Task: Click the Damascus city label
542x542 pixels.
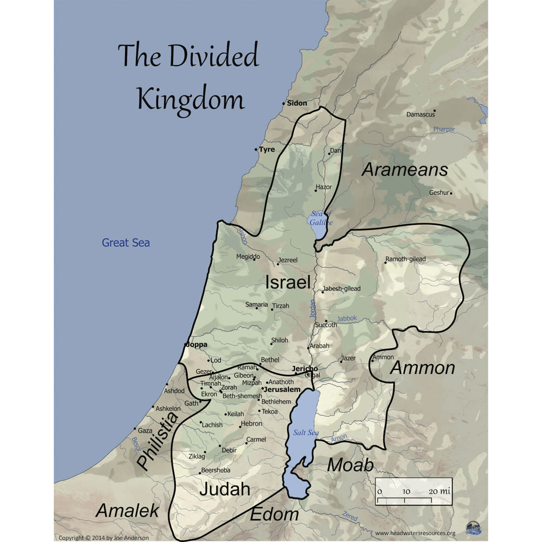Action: coord(421,114)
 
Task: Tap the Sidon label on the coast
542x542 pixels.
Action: coord(297,103)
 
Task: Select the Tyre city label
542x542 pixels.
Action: coord(266,150)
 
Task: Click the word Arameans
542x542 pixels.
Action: coord(404,170)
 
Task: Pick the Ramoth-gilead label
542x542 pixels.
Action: coord(405,259)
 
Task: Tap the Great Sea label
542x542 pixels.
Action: coord(125,243)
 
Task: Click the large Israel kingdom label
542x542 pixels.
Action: coord(288,282)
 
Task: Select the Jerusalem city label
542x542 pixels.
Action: coord(282,389)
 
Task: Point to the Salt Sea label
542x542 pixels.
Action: coord(306,433)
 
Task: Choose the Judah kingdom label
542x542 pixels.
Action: coord(225,489)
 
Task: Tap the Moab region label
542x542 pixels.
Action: coord(350,465)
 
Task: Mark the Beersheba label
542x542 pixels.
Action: coord(215,470)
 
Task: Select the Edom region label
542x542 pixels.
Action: coord(275,514)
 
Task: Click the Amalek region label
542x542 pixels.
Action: coord(127,511)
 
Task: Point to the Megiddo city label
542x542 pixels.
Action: coord(248,257)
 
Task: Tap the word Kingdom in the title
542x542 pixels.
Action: coord(191,99)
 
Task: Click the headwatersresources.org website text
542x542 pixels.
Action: coord(415,533)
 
